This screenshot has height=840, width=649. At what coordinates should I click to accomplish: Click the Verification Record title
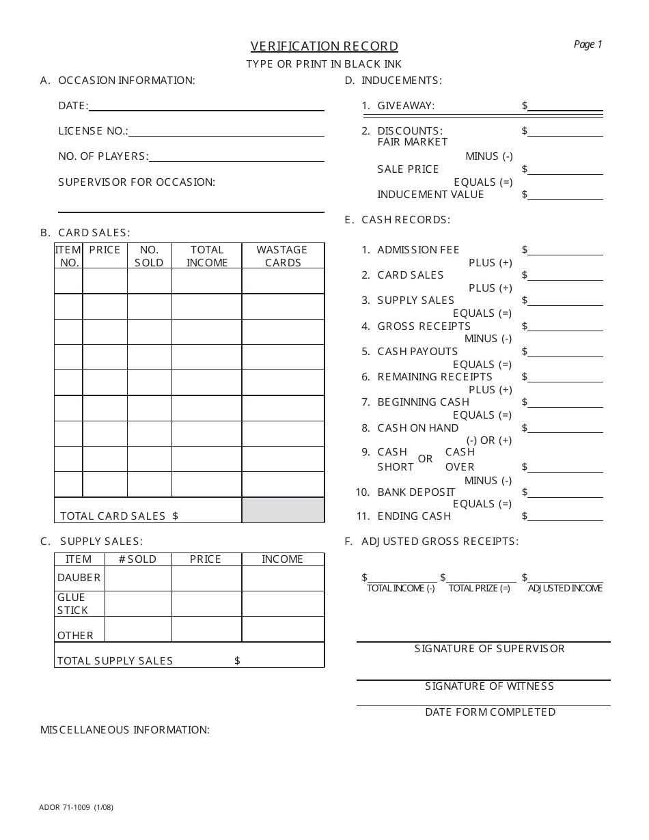click(x=324, y=46)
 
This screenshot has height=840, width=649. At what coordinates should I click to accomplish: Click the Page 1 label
click(x=588, y=44)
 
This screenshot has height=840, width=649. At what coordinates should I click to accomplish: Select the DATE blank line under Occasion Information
click(x=206, y=107)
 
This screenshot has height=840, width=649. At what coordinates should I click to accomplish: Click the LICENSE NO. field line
click(x=226, y=132)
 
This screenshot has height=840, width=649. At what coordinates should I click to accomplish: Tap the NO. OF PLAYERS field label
click(x=103, y=156)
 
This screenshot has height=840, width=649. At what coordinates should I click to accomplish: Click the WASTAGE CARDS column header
click(x=282, y=256)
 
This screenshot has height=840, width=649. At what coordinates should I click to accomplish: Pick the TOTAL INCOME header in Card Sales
click(x=206, y=256)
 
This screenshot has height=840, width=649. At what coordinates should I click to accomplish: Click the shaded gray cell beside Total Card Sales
click(x=283, y=510)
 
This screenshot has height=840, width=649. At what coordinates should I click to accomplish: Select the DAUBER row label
click(x=79, y=578)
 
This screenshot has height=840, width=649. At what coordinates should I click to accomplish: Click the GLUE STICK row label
click(x=72, y=604)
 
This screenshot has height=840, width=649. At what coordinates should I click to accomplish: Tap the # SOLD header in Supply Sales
click(x=137, y=559)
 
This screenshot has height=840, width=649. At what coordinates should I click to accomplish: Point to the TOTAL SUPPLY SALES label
click(x=115, y=661)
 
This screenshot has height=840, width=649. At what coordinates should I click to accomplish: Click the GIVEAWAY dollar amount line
click(x=565, y=107)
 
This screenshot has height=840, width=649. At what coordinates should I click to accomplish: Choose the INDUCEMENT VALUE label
click(x=430, y=195)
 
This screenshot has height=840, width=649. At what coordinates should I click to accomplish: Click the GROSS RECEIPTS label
click(x=424, y=326)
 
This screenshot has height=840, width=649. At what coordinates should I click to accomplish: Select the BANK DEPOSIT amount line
click(x=565, y=493)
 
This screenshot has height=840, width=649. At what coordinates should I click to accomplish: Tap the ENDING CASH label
click(x=414, y=516)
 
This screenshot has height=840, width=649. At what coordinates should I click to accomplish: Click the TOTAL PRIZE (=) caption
click(x=479, y=589)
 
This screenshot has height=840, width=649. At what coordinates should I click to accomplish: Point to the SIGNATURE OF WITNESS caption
click(x=489, y=686)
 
